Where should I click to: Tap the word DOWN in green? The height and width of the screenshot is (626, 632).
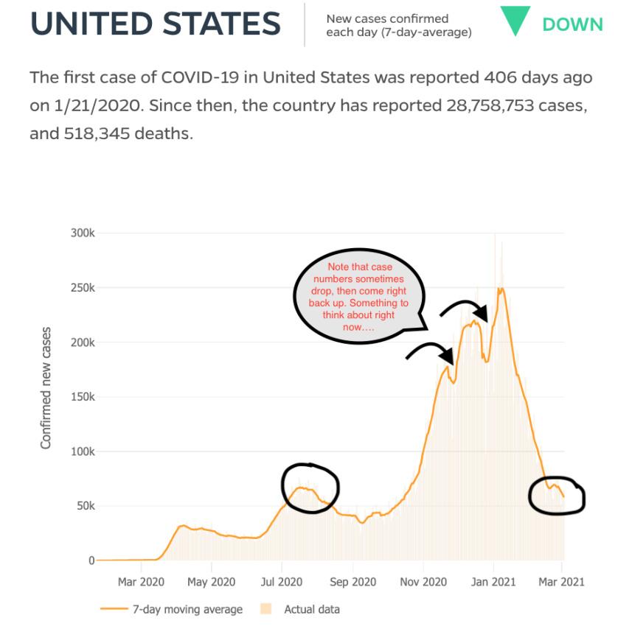tap(572, 24)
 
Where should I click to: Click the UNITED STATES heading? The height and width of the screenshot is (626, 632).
tap(156, 24)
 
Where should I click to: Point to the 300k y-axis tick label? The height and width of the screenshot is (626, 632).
tap(82, 233)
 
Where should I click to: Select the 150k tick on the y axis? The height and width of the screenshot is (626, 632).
tap(82, 397)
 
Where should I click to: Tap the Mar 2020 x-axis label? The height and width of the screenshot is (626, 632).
tap(141, 582)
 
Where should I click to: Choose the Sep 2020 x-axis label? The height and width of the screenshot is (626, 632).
tap(352, 582)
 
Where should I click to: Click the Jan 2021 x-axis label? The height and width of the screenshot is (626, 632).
tap(493, 582)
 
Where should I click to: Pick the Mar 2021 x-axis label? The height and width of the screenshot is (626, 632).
tap(561, 582)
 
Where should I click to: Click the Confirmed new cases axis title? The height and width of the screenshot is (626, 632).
tap(46, 388)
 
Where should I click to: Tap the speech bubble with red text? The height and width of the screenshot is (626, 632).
tap(361, 295)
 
